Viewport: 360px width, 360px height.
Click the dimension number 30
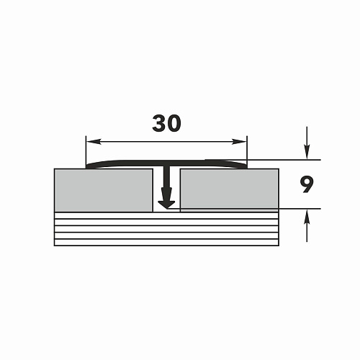(x=166, y=123)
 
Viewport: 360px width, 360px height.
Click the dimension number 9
(x=306, y=184)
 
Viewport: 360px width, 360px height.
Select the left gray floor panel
(x=104, y=190)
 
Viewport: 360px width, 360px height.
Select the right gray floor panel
(x=230, y=190)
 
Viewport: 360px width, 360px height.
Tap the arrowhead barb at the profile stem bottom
(x=167, y=204)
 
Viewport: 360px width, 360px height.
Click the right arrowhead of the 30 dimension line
(x=239, y=142)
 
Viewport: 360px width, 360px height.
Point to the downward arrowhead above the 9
(x=307, y=152)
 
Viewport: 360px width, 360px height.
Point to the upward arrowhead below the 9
(x=307, y=216)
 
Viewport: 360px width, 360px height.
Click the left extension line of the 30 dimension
(x=86, y=152)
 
